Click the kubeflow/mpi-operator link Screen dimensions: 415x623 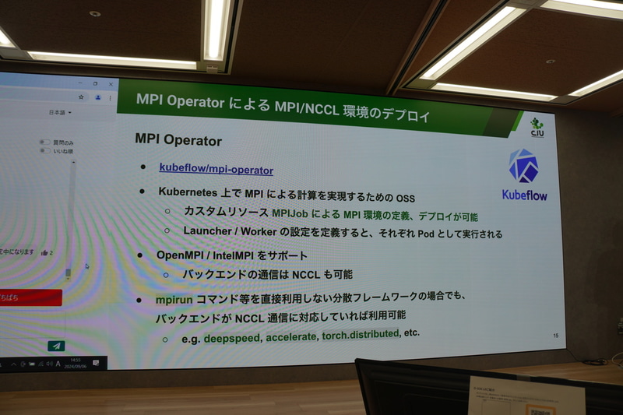click(216, 168)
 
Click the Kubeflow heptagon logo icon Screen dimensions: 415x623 click(523, 167)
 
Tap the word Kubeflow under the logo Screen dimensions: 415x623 click(523, 195)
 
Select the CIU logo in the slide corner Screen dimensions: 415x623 click(537, 126)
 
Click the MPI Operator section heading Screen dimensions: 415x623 click(178, 141)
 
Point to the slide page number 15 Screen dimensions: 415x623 click(555, 336)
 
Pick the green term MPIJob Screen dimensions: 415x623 click(292, 213)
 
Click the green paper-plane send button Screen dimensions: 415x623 click(56, 345)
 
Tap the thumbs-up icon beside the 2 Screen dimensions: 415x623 click(44, 252)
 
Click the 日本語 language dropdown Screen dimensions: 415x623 click(60, 113)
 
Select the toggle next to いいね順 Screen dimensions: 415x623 click(45, 150)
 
